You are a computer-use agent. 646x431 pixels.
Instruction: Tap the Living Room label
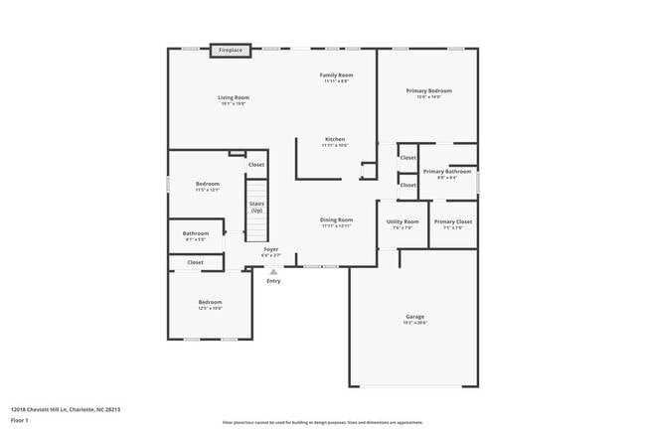(234, 97)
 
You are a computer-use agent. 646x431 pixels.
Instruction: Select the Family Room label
(336, 75)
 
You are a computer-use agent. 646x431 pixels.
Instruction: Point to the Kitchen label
(335, 139)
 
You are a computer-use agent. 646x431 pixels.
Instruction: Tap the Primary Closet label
(452, 221)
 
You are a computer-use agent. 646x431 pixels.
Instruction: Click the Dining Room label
(336, 219)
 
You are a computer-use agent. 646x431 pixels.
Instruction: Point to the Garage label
(414, 317)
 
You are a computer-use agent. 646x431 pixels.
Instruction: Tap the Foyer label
(270, 248)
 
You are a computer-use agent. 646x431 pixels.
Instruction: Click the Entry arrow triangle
(273, 270)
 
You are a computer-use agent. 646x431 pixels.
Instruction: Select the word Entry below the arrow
(273, 281)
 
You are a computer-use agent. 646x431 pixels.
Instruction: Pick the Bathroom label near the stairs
(196, 234)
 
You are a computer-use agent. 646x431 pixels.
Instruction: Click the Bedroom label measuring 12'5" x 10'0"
(210, 302)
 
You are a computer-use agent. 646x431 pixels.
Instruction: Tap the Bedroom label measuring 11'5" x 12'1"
(207, 184)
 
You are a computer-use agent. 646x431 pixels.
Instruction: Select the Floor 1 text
(20, 420)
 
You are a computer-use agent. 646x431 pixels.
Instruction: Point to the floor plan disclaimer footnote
(321, 422)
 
